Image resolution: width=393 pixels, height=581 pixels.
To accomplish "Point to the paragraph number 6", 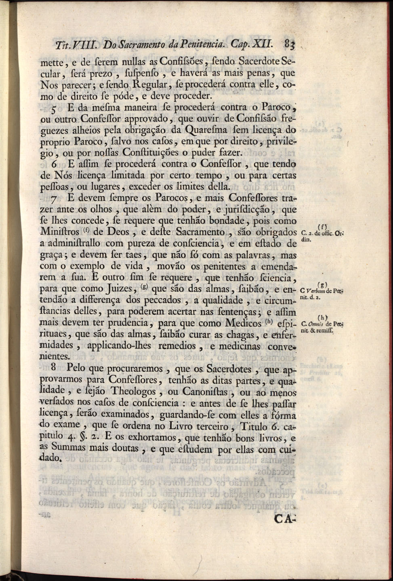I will point(56,165).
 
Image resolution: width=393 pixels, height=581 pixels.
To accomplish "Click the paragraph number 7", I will point(56,199).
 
